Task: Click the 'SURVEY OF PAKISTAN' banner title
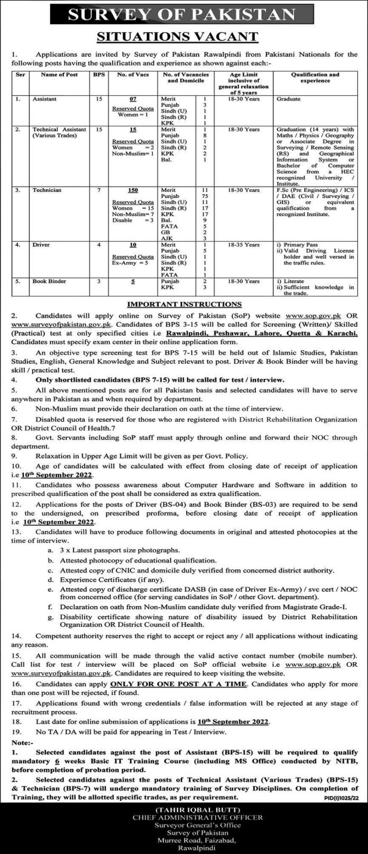click(x=184, y=14)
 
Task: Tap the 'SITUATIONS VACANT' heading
click(x=184, y=36)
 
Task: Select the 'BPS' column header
click(x=99, y=75)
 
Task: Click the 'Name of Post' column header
click(x=59, y=75)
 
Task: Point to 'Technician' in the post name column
click(x=47, y=190)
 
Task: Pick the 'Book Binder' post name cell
click(x=49, y=281)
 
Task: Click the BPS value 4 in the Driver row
click(x=99, y=245)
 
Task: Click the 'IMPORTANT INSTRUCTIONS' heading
click(x=183, y=304)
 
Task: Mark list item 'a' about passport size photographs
click(x=119, y=550)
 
